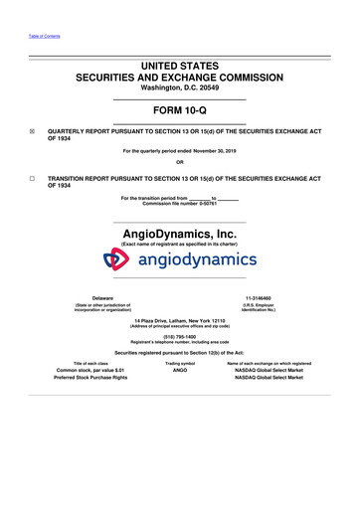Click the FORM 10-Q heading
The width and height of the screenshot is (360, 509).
(x=180, y=112)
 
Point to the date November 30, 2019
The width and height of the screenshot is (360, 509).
(x=219, y=150)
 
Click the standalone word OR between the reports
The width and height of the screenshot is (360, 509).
(x=180, y=163)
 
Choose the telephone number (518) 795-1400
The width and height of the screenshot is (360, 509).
(x=180, y=345)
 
